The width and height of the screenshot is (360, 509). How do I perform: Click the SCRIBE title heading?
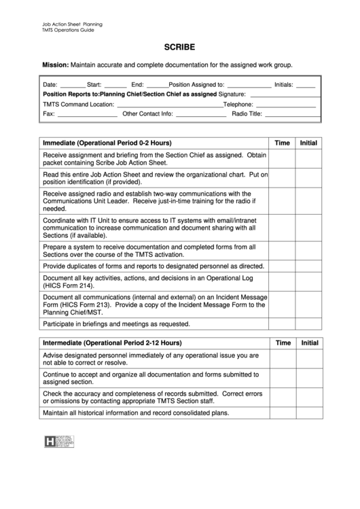tap(179, 48)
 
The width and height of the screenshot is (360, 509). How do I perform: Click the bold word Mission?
tap(55, 65)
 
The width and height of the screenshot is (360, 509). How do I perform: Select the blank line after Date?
tap(73, 86)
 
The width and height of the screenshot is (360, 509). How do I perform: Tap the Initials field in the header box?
tap(305, 86)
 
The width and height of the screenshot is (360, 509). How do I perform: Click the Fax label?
tap(48, 114)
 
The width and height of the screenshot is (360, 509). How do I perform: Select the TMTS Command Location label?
tap(78, 105)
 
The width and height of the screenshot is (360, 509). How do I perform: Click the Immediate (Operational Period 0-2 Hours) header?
tap(107, 143)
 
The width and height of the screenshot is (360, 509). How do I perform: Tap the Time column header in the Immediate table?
tap(282, 143)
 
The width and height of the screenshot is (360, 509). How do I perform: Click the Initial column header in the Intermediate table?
tap(309, 343)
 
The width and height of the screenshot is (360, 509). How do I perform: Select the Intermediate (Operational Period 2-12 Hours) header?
tap(112, 343)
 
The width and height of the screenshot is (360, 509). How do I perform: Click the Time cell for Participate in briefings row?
tap(282, 324)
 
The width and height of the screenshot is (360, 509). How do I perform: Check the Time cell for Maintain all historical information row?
tap(282, 413)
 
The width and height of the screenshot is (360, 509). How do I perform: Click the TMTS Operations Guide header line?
tap(72, 31)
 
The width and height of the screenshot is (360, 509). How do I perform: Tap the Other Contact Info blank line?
tap(200, 114)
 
